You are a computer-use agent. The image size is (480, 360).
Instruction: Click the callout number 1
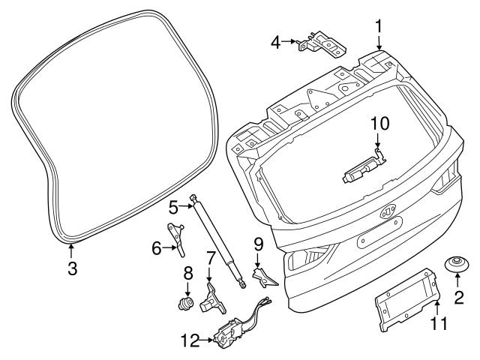pyautogui.click(x=379, y=27)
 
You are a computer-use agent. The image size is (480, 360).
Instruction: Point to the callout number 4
pyautogui.click(x=276, y=42)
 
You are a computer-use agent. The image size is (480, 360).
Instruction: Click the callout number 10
pyautogui.click(x=379, y=121)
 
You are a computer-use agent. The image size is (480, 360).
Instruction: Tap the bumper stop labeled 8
pyautogui.click(x=184, y=303)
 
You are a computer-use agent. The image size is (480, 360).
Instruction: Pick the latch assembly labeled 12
pyautogui.click(x=229, y=332)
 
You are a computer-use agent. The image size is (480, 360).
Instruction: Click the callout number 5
pyautogui.click(x=172, y=204)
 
